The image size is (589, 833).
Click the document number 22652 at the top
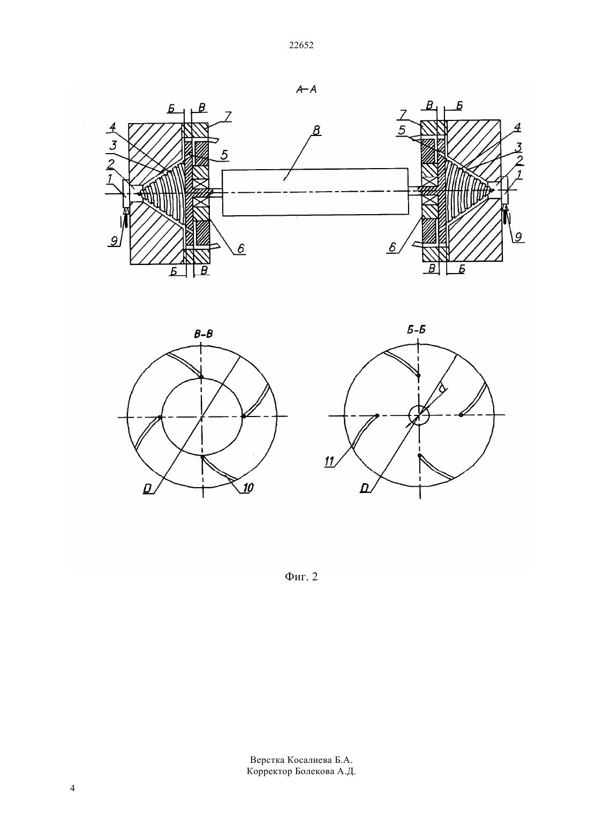click(301, 46)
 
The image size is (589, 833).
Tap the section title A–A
click(306, 89)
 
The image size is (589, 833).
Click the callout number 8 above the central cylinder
click(316, 130)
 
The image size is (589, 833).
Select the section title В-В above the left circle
click(203, 334)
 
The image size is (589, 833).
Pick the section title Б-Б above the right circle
click(416, 330)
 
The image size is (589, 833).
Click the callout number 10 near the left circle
click(248, 488)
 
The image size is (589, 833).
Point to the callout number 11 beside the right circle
click(329, 461)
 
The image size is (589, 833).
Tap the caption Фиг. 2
click(301, 577)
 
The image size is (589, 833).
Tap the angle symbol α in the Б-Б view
click(441, 389)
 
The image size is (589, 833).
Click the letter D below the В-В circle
click(147, 489)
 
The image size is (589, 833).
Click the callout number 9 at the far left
click(114, 240)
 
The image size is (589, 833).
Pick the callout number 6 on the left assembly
click(240, 248)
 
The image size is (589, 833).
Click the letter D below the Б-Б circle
click(365, 488)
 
